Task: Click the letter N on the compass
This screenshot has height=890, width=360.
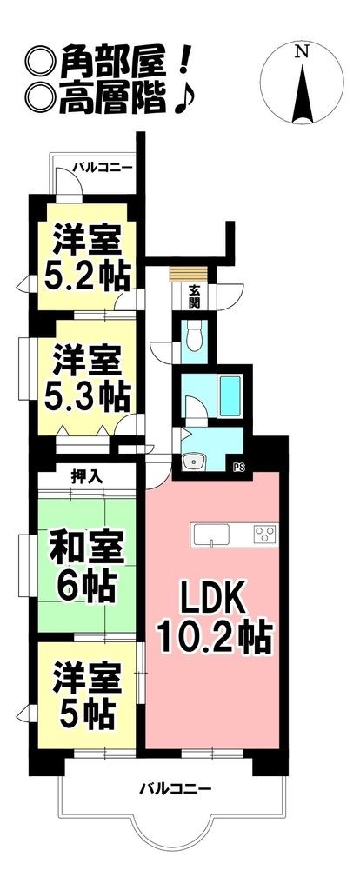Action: pyautogui.click(x=301, y=52)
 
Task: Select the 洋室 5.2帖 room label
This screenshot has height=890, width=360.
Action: pyautogui.click(x=86, y=256)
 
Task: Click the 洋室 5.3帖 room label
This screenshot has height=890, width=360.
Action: pyautogui.click(x=86, y=378)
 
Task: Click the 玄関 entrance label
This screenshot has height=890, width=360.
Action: pyautogui.click(x=194, y=298)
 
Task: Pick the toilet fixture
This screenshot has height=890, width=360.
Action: pyautogui.click(x=195, y=336)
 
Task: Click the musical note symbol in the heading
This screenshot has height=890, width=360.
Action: pyautogui.click(x=183, y=102)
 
